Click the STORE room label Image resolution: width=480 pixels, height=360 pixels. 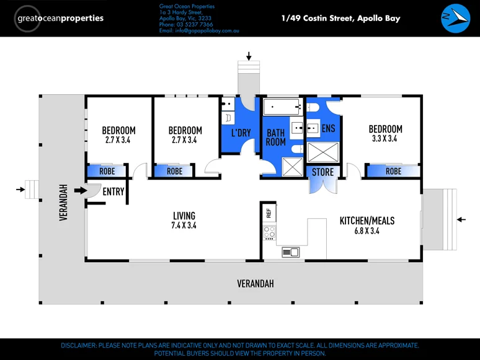click(322, 172)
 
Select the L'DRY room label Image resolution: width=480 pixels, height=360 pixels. click(241, 133)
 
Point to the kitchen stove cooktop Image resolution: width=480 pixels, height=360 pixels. click(269, 232)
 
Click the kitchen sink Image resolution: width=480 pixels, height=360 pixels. click(290, 252)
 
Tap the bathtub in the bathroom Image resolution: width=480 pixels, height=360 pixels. click(282, 108)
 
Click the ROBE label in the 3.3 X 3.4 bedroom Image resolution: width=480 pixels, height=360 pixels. click(393, 171)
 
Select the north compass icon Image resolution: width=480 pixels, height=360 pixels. click(456, 19)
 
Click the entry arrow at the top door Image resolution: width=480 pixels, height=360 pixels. click(249, 57)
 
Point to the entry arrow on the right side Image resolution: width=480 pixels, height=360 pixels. click(461, 219)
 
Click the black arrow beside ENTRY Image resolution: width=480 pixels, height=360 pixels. click(81, 190)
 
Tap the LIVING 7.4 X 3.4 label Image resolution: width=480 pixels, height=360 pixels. click(184, 221)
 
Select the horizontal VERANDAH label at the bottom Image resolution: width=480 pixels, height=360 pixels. click(255, 284)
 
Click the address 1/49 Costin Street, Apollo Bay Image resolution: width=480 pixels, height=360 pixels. click(340, 18)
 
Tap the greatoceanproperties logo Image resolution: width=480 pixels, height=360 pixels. click(60, 18)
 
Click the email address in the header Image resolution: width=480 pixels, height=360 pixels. click(198, 30)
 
